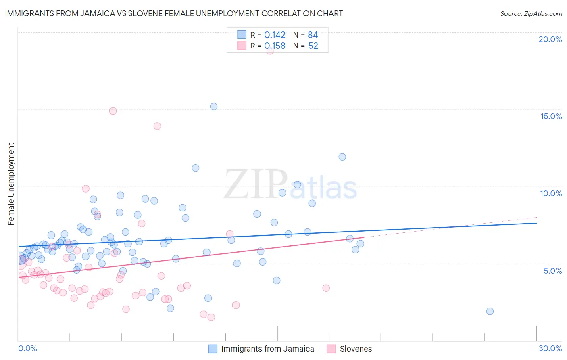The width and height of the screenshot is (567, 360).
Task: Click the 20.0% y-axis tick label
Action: [x=550, y=39]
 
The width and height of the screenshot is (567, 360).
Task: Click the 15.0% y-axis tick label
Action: [x=551, y=116]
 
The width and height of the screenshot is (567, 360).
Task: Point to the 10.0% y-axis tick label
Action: [x=551, y=193]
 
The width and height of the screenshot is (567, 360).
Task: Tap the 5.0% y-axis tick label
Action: [x=552, y=271]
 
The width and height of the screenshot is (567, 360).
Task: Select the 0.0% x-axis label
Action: [x=27, y=349]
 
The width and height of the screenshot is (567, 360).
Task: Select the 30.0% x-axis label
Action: [x=550, y=349]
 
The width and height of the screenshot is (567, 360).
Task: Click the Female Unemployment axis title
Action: [x=11, y=184]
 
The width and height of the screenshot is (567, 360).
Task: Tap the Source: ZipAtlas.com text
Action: [x=531, y=14]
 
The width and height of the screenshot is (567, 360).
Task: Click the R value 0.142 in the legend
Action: [x=275, y=35]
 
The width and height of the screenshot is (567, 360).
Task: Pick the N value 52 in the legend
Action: [x=313, y=46]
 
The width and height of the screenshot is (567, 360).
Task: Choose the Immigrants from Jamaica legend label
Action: [x=267, y=349]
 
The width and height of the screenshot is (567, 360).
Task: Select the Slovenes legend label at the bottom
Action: [x=356, y=349]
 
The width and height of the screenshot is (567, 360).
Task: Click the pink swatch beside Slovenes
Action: [x=331, y=349]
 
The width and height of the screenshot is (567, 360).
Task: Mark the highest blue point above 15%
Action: [x=214, y=107]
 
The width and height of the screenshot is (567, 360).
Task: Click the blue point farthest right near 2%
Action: [x=490, y=311]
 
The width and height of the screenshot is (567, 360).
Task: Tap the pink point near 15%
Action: [x=113, y=111]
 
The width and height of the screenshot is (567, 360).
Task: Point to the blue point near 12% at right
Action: [x=342, y=157]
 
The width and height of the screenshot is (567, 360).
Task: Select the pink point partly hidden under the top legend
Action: [x=270, y=51]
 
